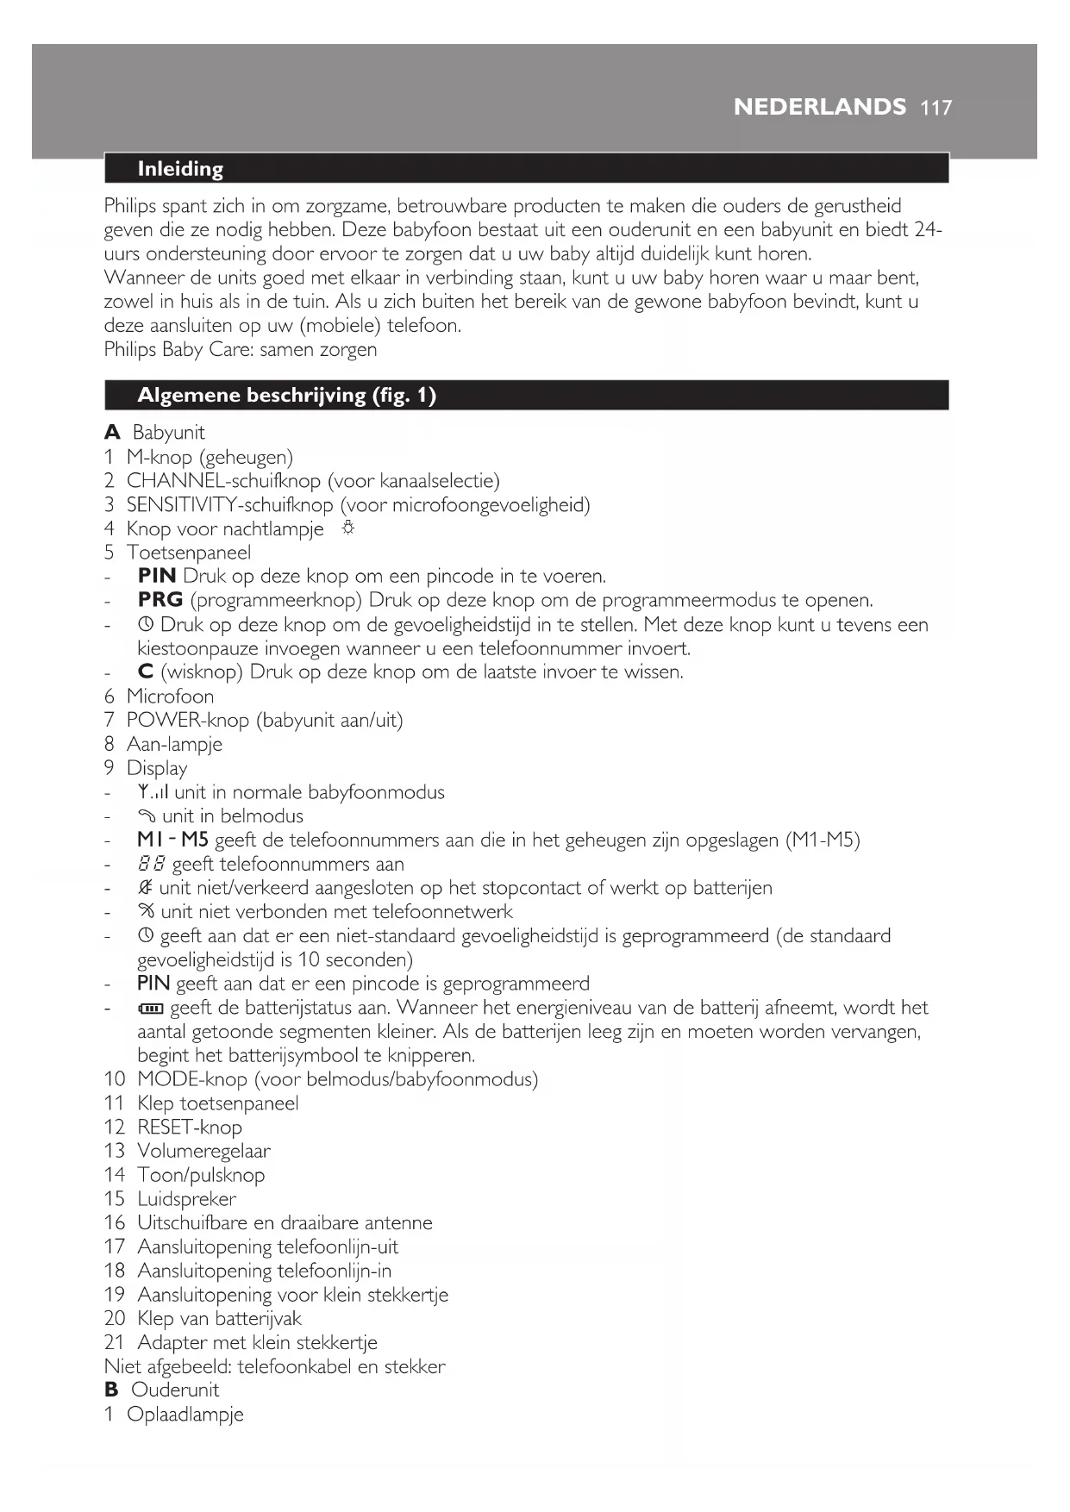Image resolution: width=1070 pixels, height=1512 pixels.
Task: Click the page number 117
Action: click(x=936, y=108)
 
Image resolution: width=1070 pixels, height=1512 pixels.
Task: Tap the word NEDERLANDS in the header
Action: click(x=819, y=107)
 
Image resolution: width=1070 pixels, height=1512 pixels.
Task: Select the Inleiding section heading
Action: click(x=180, y=169)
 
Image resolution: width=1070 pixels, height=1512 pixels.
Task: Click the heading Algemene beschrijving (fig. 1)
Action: click(x=286, y=396)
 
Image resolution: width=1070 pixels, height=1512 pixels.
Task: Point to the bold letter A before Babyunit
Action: click(x=112, y=433)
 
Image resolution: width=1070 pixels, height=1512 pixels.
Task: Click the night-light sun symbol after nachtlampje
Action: click(x=347, y=528)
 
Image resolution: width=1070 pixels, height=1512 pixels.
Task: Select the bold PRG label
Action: click(x=160, y=600)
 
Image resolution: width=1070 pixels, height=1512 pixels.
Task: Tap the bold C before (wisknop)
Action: click(x=146, y=672)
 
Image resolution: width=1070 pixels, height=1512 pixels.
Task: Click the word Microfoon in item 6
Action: click(x=170, y=697)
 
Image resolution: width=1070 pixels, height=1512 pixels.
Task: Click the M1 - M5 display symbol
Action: click(x=172, y=840)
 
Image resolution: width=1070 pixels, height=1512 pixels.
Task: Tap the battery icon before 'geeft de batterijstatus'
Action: click(x=151, y=1009)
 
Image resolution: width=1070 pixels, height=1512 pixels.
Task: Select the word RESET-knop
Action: click(x=190, y=1128)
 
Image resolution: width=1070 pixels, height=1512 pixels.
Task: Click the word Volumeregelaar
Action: click(x=203, y=1152)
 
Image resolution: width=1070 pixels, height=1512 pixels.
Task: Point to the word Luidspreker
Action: click(x=186, y=1199)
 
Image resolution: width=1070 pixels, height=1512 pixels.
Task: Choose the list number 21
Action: click(x=115, y=1343)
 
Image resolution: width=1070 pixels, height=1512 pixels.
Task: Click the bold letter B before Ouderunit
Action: click(x=111, y=1390)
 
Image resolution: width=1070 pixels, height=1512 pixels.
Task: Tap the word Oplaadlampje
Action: click(x=185, y=1415)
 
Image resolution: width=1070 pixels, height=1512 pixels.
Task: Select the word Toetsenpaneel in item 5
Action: click(x=189, y=553)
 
